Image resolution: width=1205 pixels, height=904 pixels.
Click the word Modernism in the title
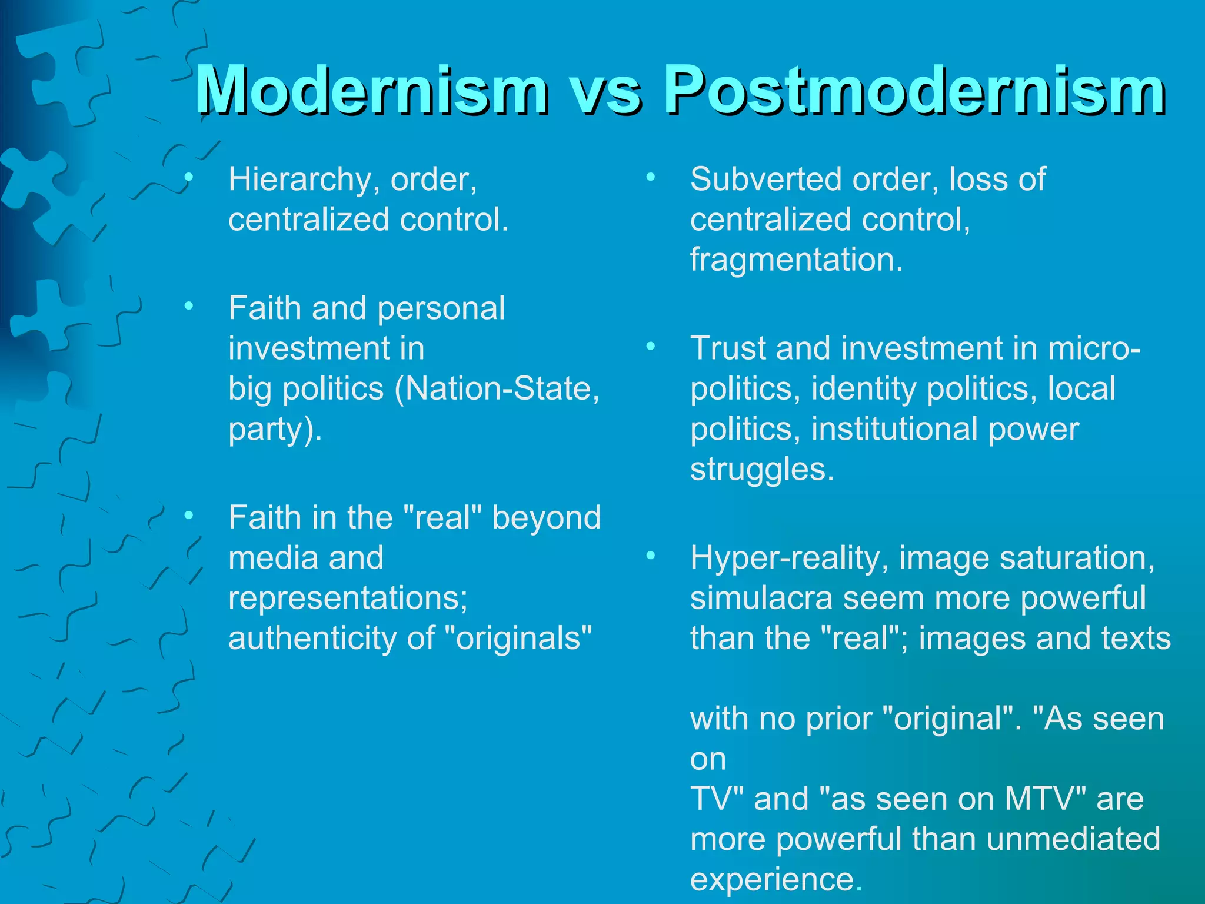tap(371, 89)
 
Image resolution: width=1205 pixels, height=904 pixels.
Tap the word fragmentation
tap(795, 260)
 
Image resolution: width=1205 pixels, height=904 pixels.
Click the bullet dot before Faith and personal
tap(188, 306)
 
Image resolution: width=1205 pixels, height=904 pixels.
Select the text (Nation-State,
tap(497, 388)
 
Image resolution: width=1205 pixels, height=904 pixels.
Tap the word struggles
tap(761, 469)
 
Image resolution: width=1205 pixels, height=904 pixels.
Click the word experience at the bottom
tap(772, 879)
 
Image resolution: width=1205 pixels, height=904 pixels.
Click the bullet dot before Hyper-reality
tap(650, 556)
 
